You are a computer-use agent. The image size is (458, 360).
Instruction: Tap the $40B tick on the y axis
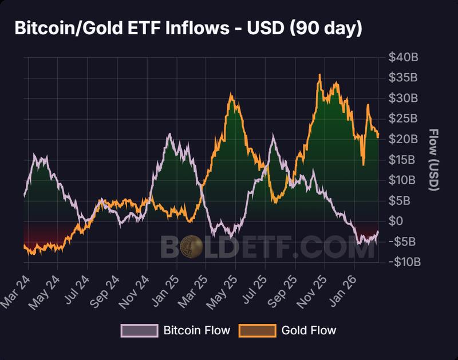[404, 57]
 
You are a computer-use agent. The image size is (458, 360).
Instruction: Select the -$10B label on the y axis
[404, 262]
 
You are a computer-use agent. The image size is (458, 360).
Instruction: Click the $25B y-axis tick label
[404, 118]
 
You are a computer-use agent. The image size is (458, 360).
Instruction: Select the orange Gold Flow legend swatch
[256, 330]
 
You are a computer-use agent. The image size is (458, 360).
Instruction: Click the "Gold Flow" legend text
[309, 330]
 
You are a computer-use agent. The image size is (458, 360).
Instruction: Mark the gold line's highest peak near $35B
[319, 75]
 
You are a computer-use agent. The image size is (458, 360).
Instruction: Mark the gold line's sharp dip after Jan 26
[364, 165]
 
